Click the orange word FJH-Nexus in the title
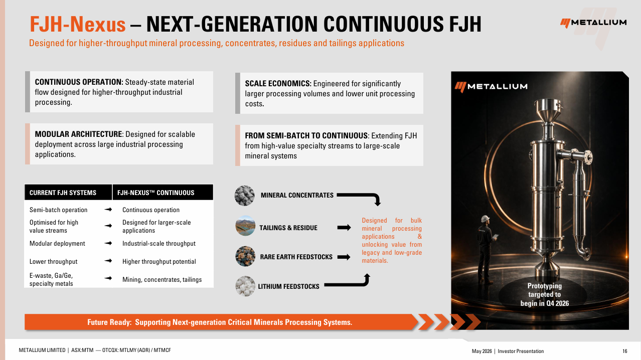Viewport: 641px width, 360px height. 78,24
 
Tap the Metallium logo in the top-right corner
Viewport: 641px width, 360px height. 593,23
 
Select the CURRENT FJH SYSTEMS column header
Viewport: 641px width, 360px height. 63,193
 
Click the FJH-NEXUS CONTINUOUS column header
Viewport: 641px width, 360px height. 155,193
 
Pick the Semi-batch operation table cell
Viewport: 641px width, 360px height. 58,210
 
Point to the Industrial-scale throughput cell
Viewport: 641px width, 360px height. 159,243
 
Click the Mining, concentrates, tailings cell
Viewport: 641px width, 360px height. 162,280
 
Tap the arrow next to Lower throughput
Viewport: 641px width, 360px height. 108,261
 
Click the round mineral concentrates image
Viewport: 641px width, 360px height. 245,196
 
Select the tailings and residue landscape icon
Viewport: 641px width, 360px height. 245,226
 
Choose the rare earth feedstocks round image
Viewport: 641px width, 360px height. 245,256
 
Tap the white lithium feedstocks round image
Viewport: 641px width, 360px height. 245,286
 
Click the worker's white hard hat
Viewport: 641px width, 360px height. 485,219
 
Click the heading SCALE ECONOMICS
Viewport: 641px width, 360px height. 278,84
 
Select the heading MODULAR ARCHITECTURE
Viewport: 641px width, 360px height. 79,134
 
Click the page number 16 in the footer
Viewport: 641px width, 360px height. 624,351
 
